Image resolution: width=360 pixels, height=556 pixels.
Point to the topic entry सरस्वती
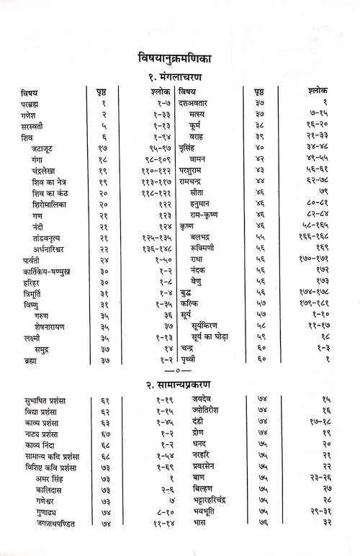pyautogui.click(x=34, y=127)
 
